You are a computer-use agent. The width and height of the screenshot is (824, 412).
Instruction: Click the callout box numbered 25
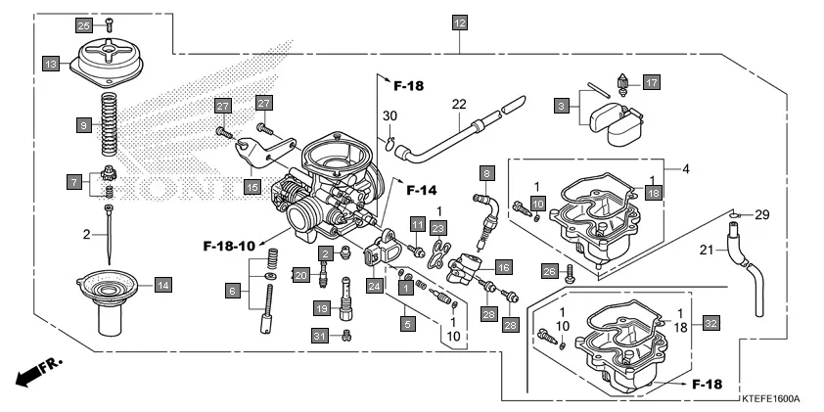(x=83, y=24)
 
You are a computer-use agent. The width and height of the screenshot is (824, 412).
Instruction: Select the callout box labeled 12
(x=460, y=22)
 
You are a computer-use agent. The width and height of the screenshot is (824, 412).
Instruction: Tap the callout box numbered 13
(x=51, y=64)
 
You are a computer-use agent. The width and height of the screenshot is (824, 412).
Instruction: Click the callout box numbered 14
(x=163, y=285)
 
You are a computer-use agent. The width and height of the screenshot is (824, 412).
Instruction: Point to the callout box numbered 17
(x=652, y=82)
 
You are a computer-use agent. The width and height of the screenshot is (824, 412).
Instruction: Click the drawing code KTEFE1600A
(x=769, y=398)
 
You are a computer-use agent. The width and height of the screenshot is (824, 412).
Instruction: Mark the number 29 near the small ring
(x=763, y=213)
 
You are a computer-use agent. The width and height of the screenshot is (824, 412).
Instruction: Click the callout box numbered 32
(x=710, y=323)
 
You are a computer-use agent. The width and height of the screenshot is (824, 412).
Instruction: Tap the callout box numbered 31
(x=318, y=336)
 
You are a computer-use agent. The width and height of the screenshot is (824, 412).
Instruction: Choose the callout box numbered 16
(x=503, y=266)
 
